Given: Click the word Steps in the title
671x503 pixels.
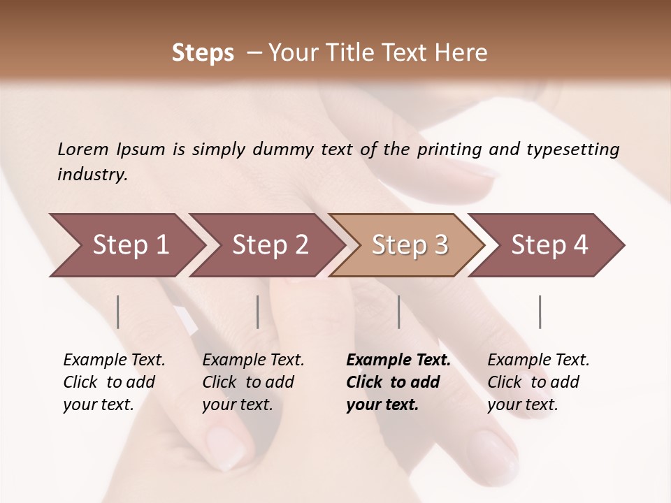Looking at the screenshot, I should (203, 52).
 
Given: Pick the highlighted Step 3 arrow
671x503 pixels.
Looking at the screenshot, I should (410, 245).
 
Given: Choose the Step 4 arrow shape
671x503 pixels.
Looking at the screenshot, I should (549, 245).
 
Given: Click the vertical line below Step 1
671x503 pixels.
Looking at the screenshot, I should (118, 312).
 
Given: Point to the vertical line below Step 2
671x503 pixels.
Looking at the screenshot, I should (258, 312).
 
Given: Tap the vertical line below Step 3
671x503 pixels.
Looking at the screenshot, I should (398, 312).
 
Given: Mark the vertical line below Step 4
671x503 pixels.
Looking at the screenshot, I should (540, 312).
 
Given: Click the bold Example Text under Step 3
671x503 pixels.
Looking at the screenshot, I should (398, 360).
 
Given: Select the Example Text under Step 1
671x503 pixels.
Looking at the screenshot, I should (114, 360).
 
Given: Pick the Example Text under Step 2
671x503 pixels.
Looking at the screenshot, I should (253, 360).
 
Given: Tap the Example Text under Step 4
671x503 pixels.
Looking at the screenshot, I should (538, 360).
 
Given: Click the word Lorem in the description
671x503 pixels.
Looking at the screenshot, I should (83, 149).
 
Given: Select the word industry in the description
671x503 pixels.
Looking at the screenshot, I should (92, 175).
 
